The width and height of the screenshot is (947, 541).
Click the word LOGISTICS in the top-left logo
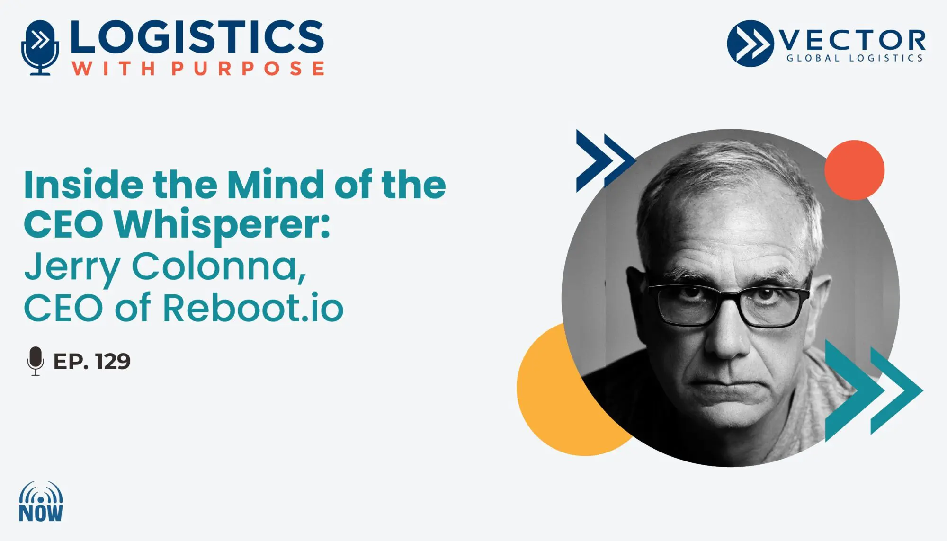tap(197, 36)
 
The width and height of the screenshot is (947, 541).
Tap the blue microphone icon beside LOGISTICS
tap(40, 47)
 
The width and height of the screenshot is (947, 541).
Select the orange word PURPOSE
tap(248, 68)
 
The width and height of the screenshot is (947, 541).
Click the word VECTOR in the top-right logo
tap(852, 41)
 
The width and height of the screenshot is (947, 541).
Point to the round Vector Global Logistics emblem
tap(750, 44)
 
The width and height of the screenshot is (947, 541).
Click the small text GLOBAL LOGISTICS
tap(855, 58)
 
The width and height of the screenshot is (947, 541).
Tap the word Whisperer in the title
tap(222, 225)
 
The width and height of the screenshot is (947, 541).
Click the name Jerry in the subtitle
tap(72, 268)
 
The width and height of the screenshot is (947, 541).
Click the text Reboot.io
tap(253, 308)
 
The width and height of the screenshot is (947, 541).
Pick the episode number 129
tap(113, 362)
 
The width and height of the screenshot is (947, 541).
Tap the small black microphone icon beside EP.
tap(36, 361)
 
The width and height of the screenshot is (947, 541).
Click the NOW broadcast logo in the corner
tap(41, 502)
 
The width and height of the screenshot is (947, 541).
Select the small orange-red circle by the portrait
tap(854, 170)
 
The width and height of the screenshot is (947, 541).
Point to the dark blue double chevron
tap(605, 161)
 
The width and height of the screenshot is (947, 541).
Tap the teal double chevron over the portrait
tap(874, 390)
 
